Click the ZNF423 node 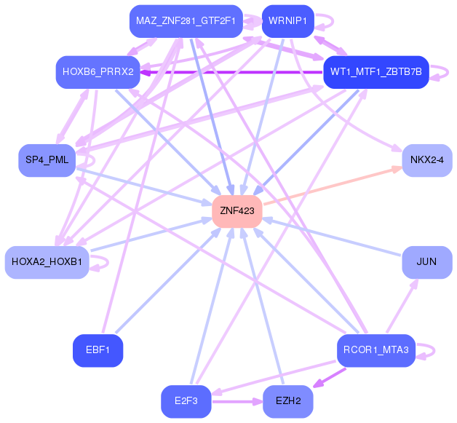237,211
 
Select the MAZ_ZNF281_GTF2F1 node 185,21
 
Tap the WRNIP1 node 287,21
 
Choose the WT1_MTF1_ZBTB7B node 375,72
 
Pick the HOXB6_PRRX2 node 98,72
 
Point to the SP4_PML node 47,160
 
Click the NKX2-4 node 426,160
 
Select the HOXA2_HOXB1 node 47,261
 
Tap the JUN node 426,261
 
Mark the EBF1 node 98,350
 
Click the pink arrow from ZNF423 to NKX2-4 331,186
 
